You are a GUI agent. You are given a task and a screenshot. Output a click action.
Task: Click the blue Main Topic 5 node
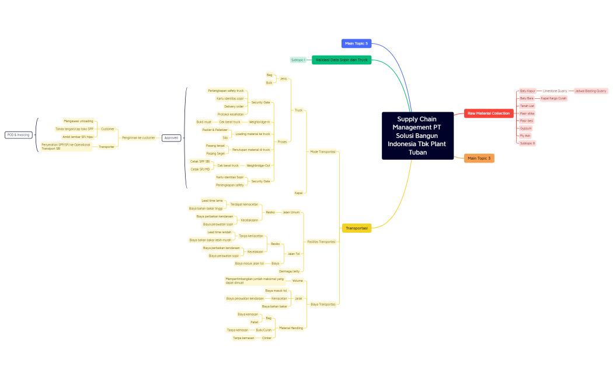pos(356,43)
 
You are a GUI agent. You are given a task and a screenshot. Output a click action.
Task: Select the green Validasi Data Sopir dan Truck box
pos(342,60)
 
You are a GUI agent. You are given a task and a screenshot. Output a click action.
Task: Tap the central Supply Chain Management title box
pos(417,136)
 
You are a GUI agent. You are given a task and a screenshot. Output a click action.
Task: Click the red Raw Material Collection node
pos(489,113)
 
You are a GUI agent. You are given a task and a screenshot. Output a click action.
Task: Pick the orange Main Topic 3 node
pos(479,158)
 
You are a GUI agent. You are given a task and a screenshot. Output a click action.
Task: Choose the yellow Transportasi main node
pos(357,228)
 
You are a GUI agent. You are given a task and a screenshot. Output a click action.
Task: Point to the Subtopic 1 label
pos(298,60)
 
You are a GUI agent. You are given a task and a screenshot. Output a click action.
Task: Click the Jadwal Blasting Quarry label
pos(591,91)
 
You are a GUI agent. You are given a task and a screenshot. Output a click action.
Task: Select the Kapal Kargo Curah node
pos(553,98)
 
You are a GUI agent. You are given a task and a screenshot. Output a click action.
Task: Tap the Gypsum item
pos(525,128)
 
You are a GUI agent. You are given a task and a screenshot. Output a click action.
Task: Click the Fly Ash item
pos(525,136)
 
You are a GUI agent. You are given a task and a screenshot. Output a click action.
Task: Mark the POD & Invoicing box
pos(18,134)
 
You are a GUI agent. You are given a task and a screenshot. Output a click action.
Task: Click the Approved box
pos(172,138)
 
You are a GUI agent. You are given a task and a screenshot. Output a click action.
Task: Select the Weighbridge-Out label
pos(258,165)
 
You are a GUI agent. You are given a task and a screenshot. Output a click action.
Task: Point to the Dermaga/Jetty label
pos(289,271)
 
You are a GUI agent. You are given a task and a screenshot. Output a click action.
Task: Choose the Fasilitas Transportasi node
pos(321,241)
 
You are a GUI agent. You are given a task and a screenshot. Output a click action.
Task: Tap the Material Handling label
pos(291,328)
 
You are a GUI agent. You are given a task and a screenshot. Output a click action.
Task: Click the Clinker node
pos(267,338)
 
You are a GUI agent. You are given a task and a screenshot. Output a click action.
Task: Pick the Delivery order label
pos(234,106)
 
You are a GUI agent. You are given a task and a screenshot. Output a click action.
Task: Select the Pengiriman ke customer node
pos(138,138)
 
